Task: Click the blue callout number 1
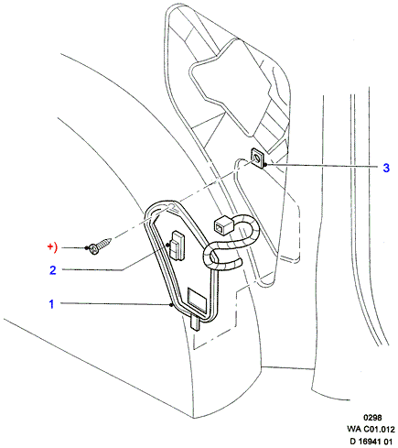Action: tap(51, 304)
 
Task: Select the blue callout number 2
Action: tap(53, 270)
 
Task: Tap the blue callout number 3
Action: tap(386, 168)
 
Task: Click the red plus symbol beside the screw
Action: tap(50, 246)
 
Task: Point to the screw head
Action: tap(94, 249)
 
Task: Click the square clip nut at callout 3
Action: tap(257, 158)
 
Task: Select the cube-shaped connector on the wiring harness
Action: tap(223, 225)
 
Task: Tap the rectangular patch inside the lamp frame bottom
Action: tap(198, 300)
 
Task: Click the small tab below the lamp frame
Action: tap(195, 323)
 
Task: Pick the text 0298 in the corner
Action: tap(372, 418)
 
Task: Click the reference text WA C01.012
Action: tap(371, 429)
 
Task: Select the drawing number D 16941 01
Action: tap(371, 441)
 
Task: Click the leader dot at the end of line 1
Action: tap(171, 305)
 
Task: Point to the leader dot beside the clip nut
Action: tap(265, 165)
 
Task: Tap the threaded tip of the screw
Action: tap(110, 240)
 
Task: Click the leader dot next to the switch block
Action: tap(167, 245)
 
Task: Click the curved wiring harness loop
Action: tap(231, 245)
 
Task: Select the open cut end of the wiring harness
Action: tap(240, 262)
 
